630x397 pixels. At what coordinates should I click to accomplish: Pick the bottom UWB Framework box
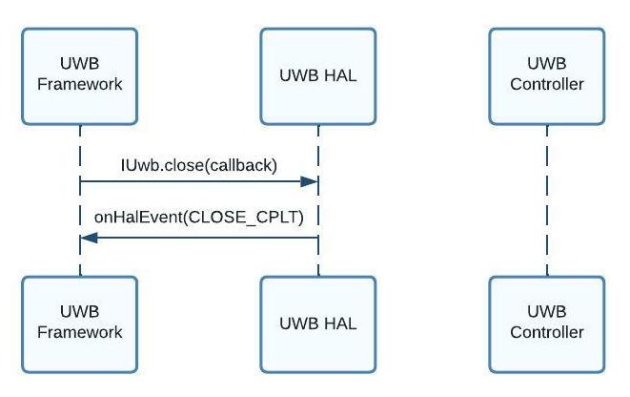[x=80, y=324]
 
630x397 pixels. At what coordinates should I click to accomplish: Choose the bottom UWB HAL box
[x=318, y=324]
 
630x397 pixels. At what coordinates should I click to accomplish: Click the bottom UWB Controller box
[x=547, y=324]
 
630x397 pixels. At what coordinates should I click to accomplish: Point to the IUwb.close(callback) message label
[x=198, y=165]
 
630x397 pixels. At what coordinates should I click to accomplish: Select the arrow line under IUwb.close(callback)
[x=191, y=181]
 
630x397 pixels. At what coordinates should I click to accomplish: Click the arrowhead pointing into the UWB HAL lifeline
[x=310, y=181]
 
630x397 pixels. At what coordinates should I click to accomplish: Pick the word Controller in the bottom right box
[x=547, y=333]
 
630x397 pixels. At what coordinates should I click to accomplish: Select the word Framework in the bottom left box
[x=80, y=333]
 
